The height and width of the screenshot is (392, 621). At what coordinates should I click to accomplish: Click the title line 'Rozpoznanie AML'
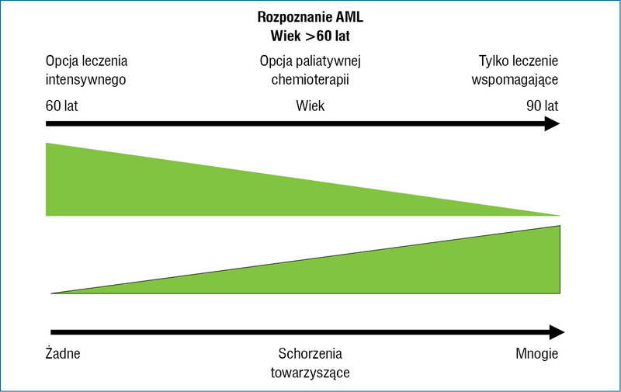click(310, 17)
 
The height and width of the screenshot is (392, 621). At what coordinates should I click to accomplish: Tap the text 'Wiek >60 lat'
click(310, 36)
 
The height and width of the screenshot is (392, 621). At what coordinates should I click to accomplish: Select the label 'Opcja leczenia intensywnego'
click(86, 70)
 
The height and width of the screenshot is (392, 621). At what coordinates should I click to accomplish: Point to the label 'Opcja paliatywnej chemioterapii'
click(310, 70)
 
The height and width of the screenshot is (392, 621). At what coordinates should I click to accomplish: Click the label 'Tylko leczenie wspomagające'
click(515, 70)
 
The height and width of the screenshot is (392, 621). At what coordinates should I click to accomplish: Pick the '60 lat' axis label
click(62, 106)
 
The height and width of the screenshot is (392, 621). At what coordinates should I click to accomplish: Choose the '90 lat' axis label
click(542, 106)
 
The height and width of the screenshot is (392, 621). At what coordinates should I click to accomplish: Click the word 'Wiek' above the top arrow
click(310, 106)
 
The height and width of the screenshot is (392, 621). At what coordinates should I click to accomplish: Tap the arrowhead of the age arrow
click(553, 124)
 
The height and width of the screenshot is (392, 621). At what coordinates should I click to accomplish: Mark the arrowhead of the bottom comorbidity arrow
click(557, 332)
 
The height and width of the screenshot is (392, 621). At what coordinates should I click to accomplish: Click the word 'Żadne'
click(63, 353)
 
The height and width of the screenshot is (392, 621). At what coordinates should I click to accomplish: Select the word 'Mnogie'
click(537, 354)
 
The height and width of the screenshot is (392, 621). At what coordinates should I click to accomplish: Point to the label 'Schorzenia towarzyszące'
click(310, 363)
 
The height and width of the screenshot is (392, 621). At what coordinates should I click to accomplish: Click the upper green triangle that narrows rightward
click(198, 190)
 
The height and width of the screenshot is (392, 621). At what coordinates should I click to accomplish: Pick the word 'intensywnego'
click(85, 80)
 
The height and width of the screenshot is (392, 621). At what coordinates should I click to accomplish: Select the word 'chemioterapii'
click(310, 80)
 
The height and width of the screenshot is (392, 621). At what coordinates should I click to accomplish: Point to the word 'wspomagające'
click(515, 80)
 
